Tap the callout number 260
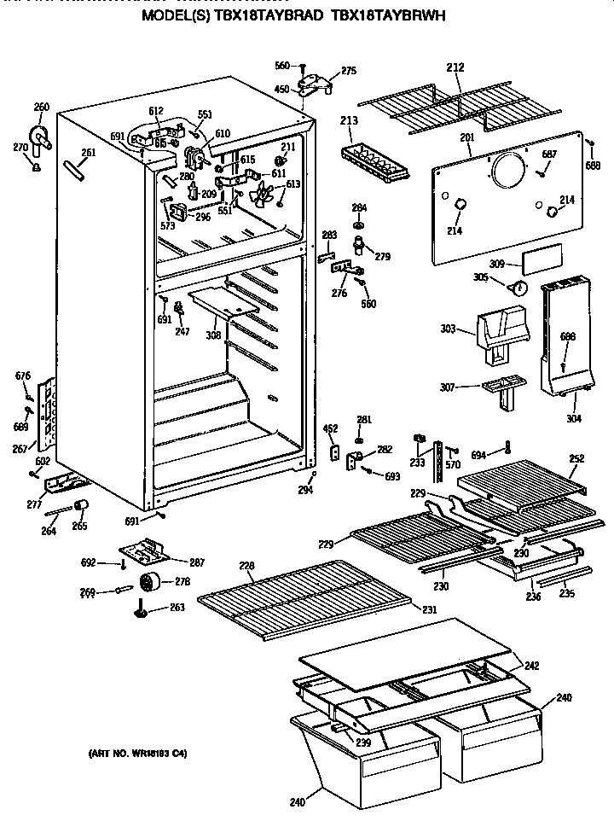41,107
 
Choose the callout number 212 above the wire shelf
455,68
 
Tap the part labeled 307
505,390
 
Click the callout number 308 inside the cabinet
213,335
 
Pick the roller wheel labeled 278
153,583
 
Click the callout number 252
576,458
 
